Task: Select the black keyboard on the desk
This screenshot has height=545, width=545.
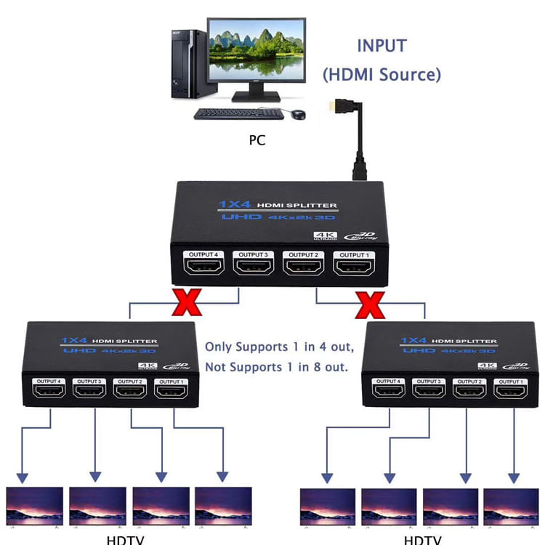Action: pos(238,114)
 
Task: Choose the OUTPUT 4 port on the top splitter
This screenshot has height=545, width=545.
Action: pos(204,270)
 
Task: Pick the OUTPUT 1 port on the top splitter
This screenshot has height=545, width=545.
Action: pos(355,270)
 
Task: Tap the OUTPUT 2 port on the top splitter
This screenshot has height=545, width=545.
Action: pos(304,270)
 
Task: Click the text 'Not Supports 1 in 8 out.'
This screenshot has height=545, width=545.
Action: pos(276,367)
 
